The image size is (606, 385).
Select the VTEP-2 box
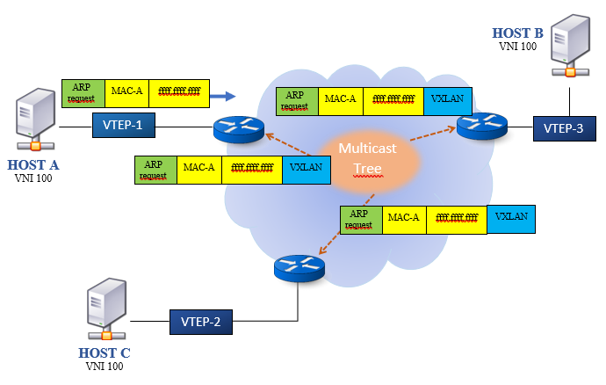click(x=201, y=323)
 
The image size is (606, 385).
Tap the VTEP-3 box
click(x=565, y=129)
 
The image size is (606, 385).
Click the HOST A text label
click(x=34, y=164)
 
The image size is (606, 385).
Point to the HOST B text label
click(x=518, y=34)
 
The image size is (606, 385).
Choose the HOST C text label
click(x=105, y=352)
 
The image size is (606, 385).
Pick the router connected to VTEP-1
click(x=239, y=130)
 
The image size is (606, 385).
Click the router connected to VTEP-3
click(x=482, y=127)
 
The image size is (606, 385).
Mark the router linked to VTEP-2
click(x=299, y=267)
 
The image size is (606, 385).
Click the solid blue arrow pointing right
click(x=225, y=95)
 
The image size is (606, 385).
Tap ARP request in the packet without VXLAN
click(x=83, y=91)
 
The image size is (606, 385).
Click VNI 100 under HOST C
click(x=105, y=366)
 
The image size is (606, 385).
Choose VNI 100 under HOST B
click(x=518, y=47)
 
